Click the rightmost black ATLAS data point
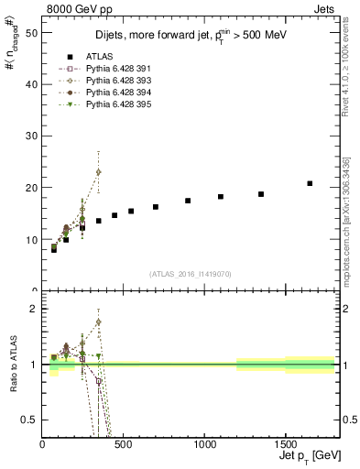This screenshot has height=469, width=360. [x=310, y=183]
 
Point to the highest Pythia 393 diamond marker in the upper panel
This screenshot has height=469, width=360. [x=98, y=172]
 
